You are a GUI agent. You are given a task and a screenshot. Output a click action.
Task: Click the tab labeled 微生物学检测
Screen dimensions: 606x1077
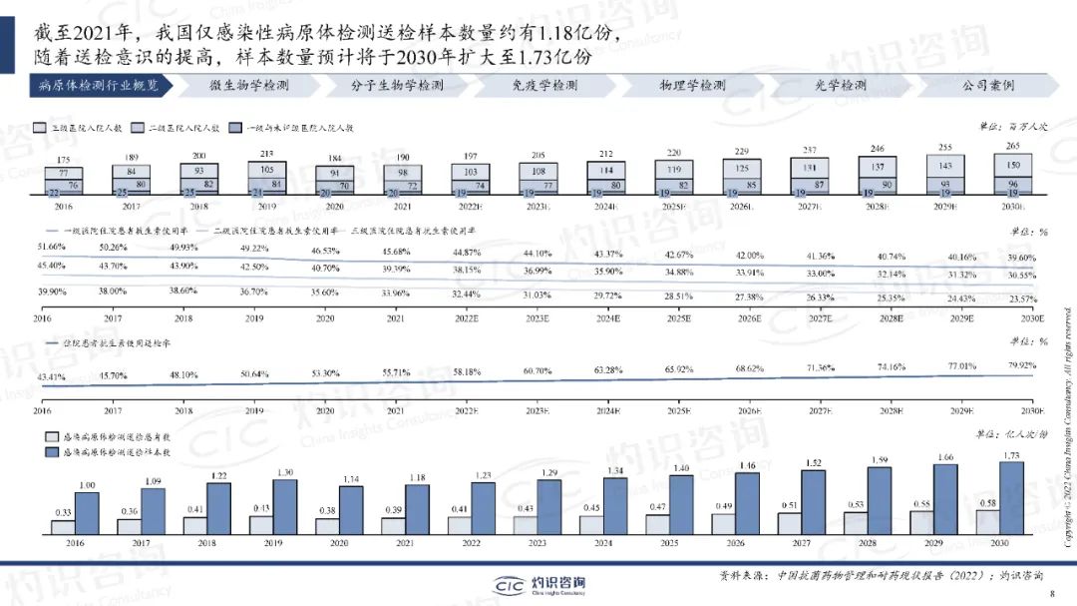coord(249,86)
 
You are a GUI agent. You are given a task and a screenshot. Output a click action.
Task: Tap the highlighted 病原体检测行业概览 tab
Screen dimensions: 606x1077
coord(99,86)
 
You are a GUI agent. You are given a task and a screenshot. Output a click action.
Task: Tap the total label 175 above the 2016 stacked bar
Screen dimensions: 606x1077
coord(63,160)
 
